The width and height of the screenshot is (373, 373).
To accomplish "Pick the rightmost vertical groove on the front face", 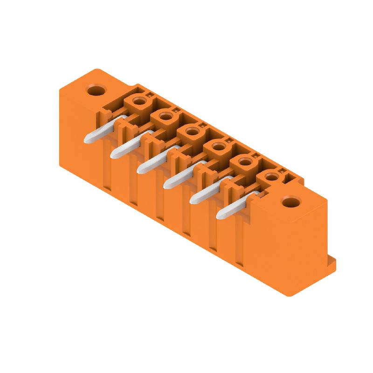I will pos(239,252).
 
